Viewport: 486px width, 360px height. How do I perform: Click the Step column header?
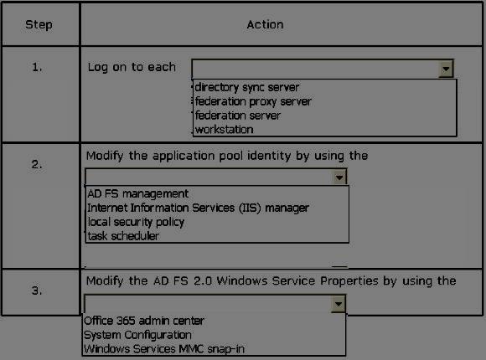click(39, 24)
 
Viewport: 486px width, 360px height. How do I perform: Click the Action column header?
click(265, 24)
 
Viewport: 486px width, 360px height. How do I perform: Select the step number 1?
click(37, 67)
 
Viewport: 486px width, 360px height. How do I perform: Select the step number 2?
click(37, 164)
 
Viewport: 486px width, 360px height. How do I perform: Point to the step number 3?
click(37, 291)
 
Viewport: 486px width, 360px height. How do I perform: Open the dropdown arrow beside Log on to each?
click(446, 69)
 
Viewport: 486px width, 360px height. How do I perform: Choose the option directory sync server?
click(247, 87)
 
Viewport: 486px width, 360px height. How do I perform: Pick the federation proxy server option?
click(253, 101)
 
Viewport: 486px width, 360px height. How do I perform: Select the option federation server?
click(238, 116)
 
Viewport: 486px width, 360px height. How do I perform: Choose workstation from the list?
click(224, 130)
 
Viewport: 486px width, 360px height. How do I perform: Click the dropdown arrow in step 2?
click(339, 177)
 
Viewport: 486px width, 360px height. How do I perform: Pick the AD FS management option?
click(138, 193)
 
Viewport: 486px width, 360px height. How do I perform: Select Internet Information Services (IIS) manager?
click(198, 208)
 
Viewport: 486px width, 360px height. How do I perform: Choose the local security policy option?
click(136, 222)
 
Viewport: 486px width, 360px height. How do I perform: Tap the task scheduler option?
click(123, 236)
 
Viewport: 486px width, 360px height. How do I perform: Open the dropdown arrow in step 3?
click(339, 304)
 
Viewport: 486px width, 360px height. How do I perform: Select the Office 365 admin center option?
click(144, 321)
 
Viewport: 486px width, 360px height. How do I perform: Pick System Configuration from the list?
click(137, 335)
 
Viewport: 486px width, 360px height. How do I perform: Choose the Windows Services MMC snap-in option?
click(164, 349)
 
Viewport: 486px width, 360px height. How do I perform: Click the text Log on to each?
click(132, 67)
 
